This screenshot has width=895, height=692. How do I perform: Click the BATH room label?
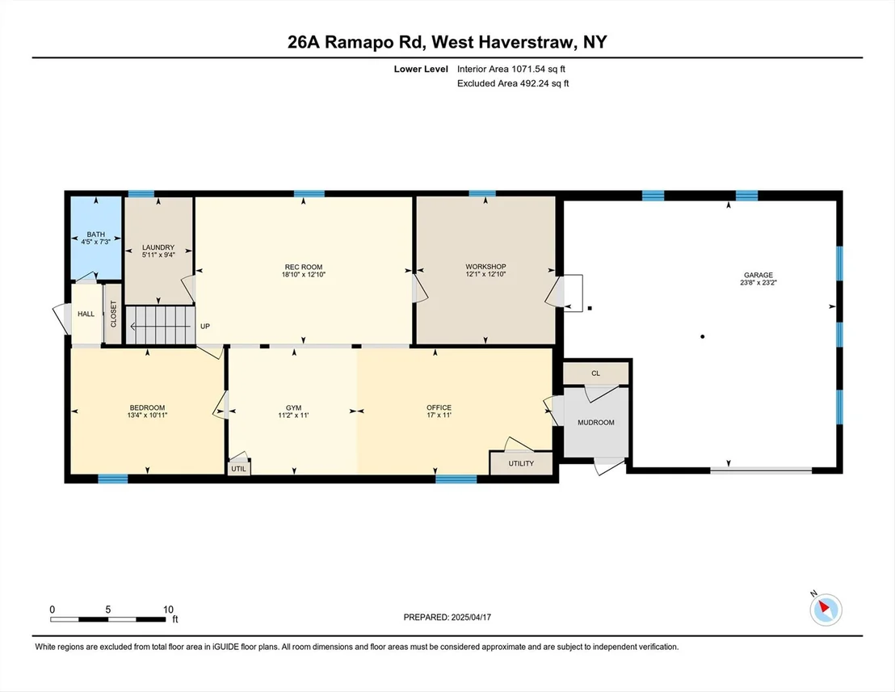[x=96, y=234]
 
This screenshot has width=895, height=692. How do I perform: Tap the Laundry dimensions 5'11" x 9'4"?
[x=158, y=255]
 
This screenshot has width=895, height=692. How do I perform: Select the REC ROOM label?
[x=304, y=267]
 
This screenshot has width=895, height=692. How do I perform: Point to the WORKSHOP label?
[x=485, y=266]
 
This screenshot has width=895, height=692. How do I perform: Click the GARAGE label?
[x=758, y=275]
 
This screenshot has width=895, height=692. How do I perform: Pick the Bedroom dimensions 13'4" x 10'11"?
[x=147, y=416]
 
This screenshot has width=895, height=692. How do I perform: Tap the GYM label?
[x=293, y=407]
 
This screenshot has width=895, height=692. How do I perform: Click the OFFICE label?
[x=439, y=407]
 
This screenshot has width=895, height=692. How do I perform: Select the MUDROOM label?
[x=596, y=422]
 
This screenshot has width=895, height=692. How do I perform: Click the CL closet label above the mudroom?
[x=596, y=373]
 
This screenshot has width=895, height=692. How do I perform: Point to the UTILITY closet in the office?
[x=521, y=463]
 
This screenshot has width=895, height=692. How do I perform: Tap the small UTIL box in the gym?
[x=238, y=469]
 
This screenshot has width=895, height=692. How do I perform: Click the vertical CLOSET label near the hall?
[x=113, y=314]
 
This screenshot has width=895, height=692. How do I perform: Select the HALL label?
[x=86, y=314]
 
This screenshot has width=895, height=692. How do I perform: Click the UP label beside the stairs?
[x=205, y=327]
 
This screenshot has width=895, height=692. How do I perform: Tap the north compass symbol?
[x=826, y=610]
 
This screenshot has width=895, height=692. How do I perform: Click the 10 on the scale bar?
[x=168, y=610]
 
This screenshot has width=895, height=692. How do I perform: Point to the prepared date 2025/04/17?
[x=471, y=617]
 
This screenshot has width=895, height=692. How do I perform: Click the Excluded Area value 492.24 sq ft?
[x=544, y=83]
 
